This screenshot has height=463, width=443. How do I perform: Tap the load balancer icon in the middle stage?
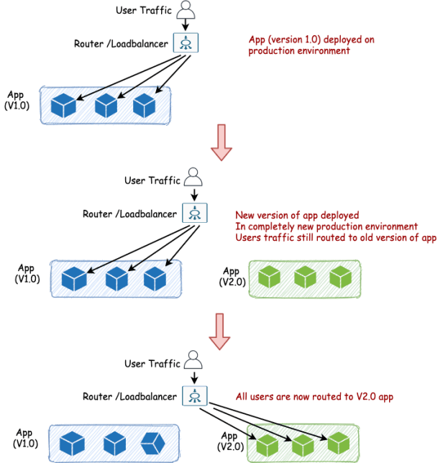click(x=193, y=212)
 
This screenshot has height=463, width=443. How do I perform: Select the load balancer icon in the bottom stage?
click(x=194, y=395)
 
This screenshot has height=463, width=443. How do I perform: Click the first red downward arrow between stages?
click(x=221, y=142)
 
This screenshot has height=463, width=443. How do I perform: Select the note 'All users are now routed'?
click(x=315, y=396)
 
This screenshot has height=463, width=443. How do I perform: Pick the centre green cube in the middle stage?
click(x=305, y=277)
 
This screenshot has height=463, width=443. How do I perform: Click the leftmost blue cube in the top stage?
click(x=63, y=106)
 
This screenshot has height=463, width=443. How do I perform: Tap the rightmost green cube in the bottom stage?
click(x=338, y=441)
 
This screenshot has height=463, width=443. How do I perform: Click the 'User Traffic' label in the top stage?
click(x=143, y=10)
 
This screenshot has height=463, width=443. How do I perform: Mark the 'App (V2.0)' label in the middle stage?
click(x=232, y=277)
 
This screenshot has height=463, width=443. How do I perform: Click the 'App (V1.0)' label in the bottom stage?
click(x=27, y=438)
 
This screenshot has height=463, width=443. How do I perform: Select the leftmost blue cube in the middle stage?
click(x=74, y=278)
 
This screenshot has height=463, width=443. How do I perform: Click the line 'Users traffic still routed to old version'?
click(x=336, y=238)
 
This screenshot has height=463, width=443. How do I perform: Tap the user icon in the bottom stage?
click(x=193, y=359)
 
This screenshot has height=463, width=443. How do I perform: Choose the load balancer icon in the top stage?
click(x=186, y=43)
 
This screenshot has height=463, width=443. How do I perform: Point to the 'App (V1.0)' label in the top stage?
click(x=16, y=101)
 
